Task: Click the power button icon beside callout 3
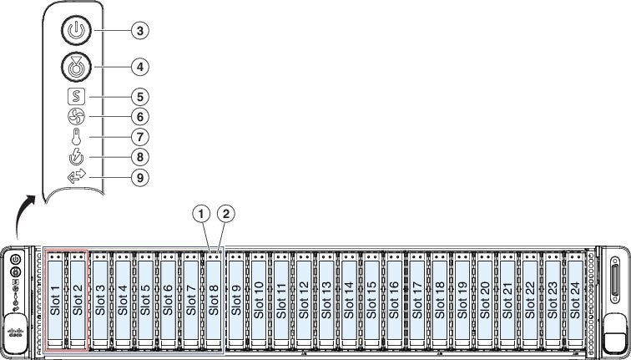[76, 31]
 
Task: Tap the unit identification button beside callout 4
[76, 67]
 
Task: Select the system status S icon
[76, 97]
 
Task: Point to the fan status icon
[76, 117]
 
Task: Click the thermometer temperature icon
[76, 137]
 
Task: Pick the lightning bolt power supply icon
[76, 157]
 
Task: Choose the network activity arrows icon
[77, 176]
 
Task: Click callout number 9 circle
[140, 177]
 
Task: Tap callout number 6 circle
[140, 117]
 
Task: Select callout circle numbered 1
[201, 214]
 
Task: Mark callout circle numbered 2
[225, 214]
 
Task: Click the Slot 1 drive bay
[55, 300]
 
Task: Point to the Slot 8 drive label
[214, 300]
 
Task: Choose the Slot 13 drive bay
[326, 300]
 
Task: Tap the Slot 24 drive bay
[575, 300]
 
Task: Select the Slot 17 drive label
[417, 300]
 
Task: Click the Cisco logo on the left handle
[16, 332]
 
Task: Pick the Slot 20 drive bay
[485, 300]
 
